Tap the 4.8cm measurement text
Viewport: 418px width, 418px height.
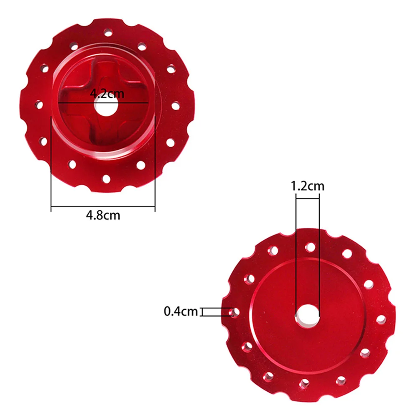[x=103, y=215]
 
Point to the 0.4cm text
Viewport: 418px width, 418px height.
[x=181, y=311]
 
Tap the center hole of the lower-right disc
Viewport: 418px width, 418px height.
[x=308, y=314]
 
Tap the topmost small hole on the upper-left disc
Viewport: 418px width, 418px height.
[x=108, y=32]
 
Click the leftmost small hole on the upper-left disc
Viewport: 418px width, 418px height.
[x=39, y=104]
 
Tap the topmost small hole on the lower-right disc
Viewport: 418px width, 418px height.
[x=310, y=247]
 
